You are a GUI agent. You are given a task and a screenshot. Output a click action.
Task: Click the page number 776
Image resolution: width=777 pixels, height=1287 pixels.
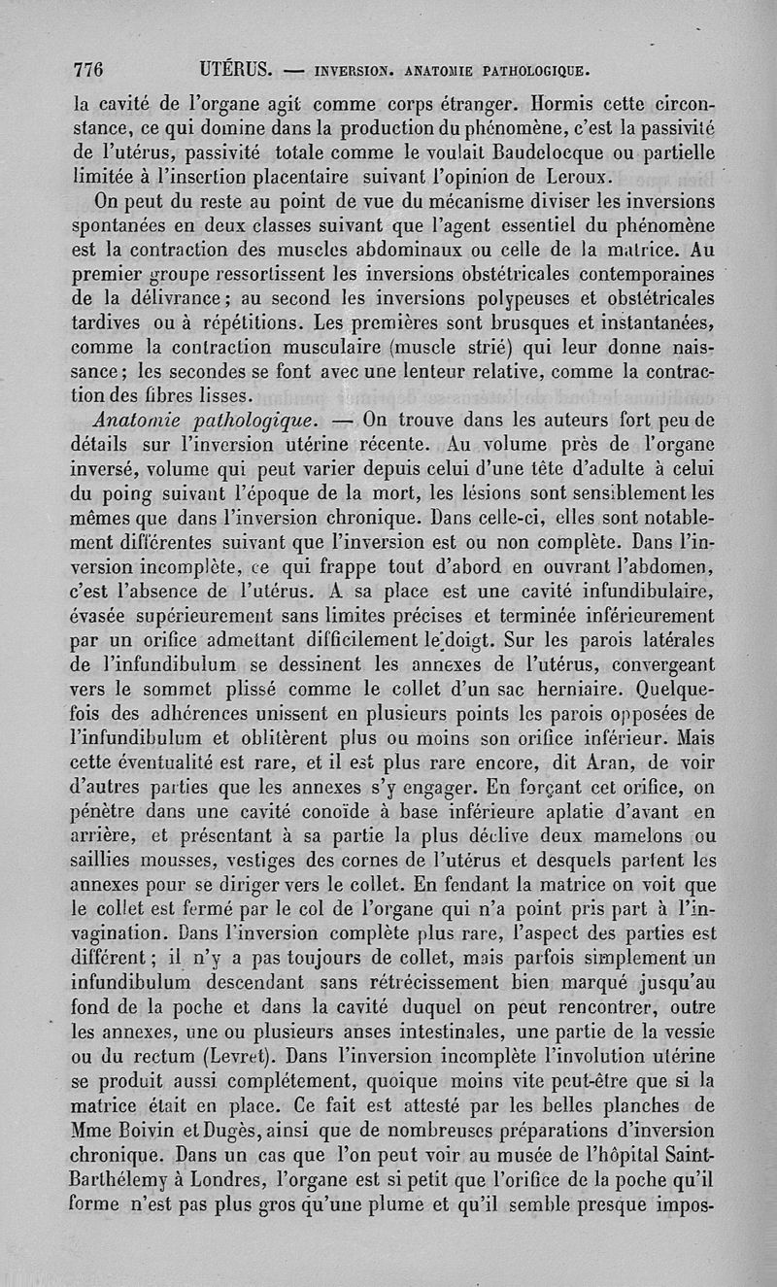(88, 70)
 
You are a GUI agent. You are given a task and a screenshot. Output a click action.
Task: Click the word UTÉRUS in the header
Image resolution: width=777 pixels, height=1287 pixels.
(237, 70)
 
